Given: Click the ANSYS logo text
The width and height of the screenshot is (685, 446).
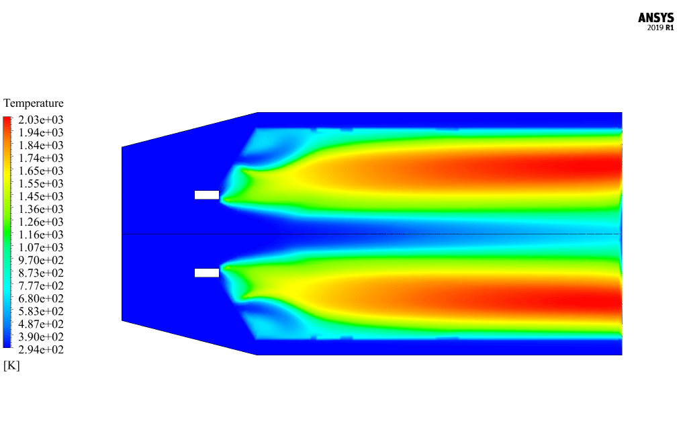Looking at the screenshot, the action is [655, 18].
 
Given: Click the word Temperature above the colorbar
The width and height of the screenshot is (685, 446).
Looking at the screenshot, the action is [33, 103].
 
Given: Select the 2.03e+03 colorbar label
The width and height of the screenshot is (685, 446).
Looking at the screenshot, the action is [40, 120].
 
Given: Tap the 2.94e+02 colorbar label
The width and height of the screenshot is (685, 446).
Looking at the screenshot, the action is [40, 349].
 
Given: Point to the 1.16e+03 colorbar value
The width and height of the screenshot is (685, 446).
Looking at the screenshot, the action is [40, 234].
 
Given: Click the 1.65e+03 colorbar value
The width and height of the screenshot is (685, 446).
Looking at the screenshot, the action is [40, 171].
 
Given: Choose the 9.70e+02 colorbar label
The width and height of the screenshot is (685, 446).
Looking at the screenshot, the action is [40, 261].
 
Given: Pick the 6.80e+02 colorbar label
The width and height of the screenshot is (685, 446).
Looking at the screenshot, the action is [40, 298].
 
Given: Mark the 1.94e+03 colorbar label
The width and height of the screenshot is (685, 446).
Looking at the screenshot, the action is [40, 132].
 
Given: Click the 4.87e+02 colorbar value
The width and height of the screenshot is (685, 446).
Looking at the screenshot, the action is [40, 324].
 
